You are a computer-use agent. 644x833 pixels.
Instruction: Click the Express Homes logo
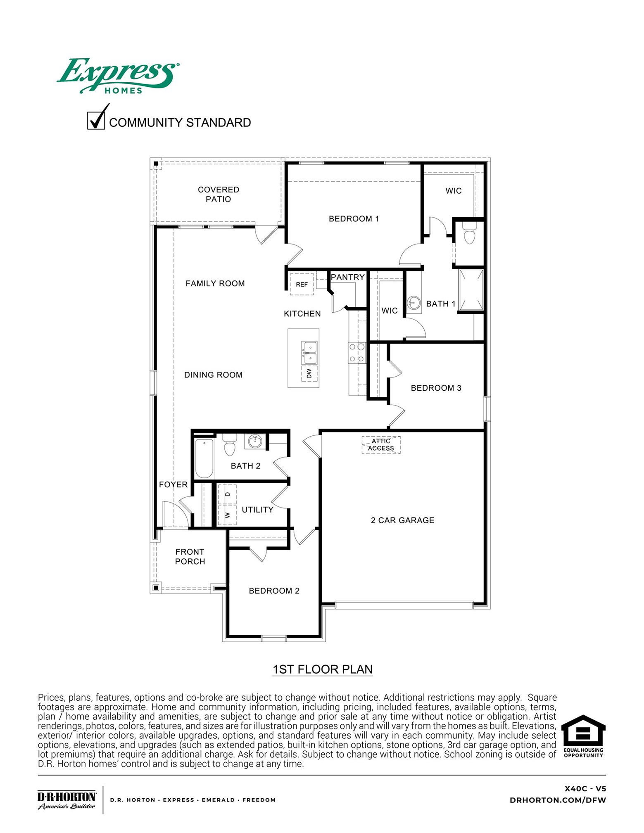pos(118,76)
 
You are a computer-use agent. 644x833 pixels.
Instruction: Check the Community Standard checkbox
pos(96,121)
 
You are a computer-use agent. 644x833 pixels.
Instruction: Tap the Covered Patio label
pos(219,194)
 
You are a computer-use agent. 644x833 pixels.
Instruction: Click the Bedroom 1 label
pos(354,219)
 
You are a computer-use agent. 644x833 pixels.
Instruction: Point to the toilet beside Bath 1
pos(469,234)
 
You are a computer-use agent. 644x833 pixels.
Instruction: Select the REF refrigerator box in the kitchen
pos(302,284)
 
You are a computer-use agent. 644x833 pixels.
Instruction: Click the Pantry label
pos(348,277)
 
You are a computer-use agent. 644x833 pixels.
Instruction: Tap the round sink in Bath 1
pos(413,303)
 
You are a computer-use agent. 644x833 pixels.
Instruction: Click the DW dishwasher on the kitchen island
pos(309,373)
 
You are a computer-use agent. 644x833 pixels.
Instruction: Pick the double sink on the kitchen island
pos(309,353)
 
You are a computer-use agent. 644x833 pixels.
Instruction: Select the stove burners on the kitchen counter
pos(357,353)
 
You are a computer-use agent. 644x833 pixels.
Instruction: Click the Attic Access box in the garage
pos(381,445)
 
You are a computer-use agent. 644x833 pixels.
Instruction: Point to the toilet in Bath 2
pos(229,445)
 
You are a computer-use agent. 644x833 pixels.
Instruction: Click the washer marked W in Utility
pos(227,515)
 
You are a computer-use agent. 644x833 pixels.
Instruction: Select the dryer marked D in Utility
pos(227,494)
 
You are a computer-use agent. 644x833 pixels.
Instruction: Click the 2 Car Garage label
pos(402,520)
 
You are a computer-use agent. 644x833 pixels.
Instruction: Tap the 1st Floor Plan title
pos(323,669)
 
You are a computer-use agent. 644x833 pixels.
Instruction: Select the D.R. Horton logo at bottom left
pos(67,800)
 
